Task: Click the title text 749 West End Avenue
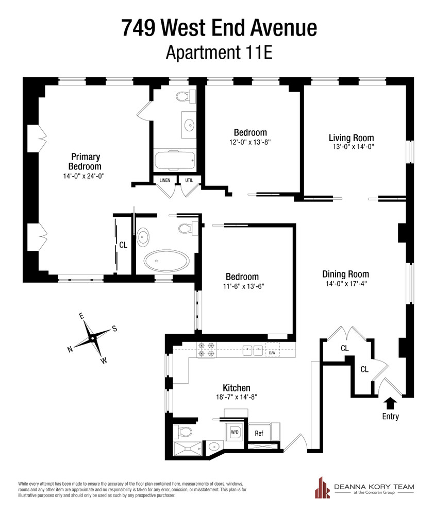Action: tap(219, 28)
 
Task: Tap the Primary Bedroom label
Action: tap(85, 161)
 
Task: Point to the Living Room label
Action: tap(351, 138)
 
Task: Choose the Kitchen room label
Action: tap(236, 388)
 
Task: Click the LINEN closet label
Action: tap(165, 180)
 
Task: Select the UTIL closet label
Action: tap(189, 180)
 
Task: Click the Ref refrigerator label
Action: tap(259, 433)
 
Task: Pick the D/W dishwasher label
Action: tap(272, 353)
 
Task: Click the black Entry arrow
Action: tap(390, 403)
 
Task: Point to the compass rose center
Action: tap(92, 337)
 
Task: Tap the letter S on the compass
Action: tap(114, 329)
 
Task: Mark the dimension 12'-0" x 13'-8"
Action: tap(250, 142)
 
